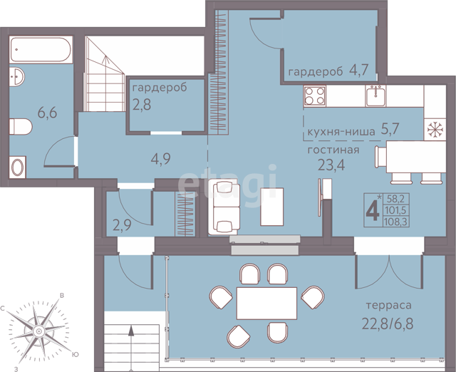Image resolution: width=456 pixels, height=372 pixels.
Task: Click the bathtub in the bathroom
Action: point(41,49)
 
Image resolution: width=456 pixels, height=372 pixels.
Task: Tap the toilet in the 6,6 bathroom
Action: point(21,127)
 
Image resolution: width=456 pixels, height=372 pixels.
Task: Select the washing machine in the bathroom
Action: point(17,167)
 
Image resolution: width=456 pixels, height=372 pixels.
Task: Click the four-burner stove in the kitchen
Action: point(315,96)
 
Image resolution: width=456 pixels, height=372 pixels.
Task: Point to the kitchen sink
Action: point(375,96)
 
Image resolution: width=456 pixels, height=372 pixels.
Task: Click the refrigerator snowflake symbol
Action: point(435,130)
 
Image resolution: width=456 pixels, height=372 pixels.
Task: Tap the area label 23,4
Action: point(331,165)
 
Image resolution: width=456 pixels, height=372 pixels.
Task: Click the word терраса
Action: point(388,306)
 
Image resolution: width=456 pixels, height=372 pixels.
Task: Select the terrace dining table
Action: point(266,303)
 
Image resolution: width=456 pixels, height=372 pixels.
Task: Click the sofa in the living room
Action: point(224,207)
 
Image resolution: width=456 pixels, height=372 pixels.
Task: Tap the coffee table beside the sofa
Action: point(272,207)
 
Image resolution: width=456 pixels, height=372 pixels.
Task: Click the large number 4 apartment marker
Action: point(373,211)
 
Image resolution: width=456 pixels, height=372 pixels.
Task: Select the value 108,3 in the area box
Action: point(396,222)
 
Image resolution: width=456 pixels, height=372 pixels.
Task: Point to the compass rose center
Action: point(38,331)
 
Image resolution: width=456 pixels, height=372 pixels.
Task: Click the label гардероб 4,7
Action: point(328,71)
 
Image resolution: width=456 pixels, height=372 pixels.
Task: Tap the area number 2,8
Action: point(142,105)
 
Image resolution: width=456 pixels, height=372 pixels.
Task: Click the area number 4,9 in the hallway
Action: point(160,159)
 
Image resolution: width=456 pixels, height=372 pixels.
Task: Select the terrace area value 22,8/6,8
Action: point(388,324)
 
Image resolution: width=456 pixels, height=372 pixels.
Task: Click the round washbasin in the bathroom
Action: point(16,76)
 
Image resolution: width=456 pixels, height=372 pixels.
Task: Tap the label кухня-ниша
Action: point(341,132)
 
